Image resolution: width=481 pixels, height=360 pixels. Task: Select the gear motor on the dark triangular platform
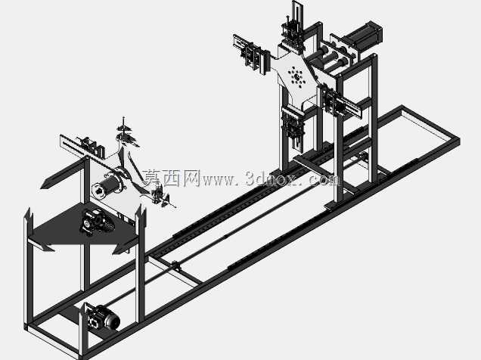96,222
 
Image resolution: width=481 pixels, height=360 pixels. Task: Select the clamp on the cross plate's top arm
293,34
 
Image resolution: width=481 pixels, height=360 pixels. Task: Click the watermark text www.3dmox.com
272,178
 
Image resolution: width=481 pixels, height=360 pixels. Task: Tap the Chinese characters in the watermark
172,178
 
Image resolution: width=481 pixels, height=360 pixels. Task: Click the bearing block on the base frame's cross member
175,265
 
